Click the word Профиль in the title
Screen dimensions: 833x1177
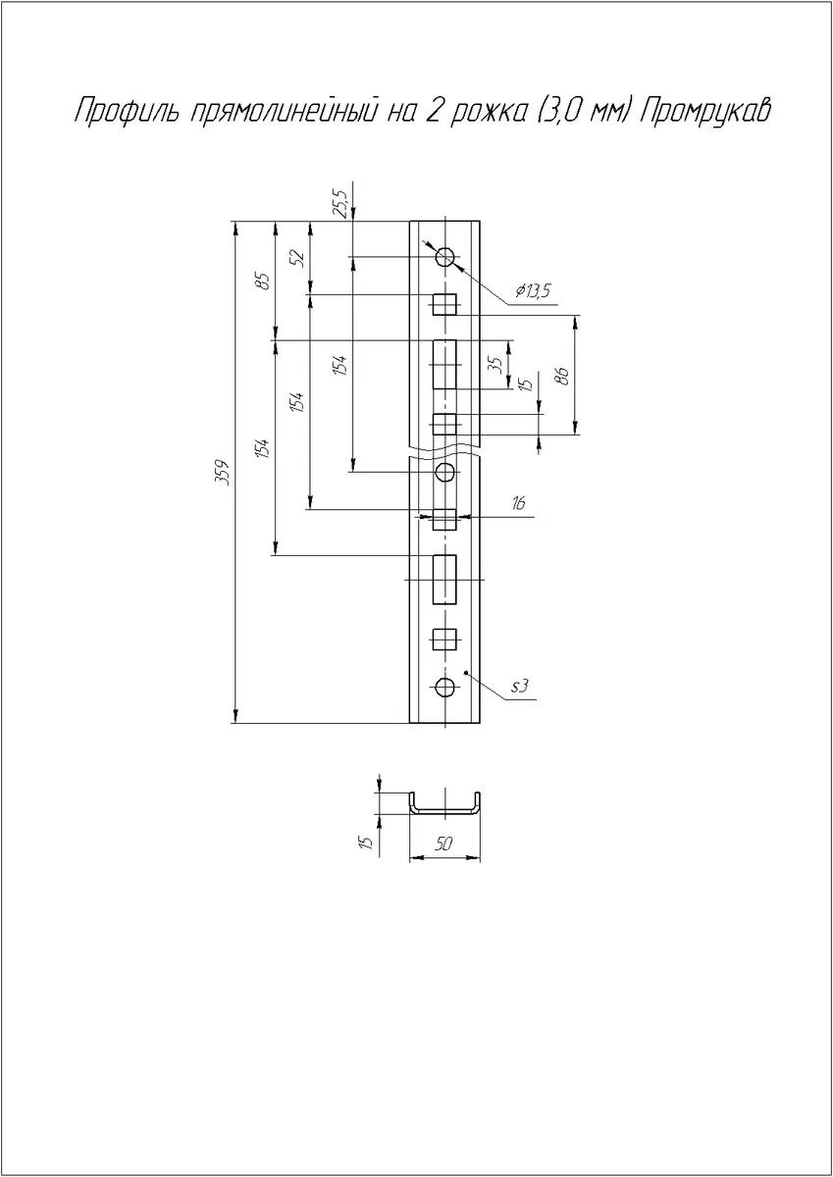(128, 112)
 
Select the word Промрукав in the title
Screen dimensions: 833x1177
(705, 112)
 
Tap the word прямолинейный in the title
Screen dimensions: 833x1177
(285, 112)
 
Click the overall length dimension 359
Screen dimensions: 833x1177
(225, 473)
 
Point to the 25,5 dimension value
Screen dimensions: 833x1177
(341, 203)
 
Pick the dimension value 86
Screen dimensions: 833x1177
(563, 376)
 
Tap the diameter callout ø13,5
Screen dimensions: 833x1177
(533, 290)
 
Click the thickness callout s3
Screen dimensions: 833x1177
(520, 687)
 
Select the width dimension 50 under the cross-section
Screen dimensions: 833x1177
(444, 844)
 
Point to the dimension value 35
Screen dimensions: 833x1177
(496, 365)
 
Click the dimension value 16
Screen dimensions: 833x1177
(519, 503)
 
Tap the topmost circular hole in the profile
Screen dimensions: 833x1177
(445, 257)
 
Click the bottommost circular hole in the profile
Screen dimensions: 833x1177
(445, 687)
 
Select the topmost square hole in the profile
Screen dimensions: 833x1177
(444, 304)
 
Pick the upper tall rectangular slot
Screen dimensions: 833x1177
(444, 364)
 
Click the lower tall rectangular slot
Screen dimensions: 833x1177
(444, 580)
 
